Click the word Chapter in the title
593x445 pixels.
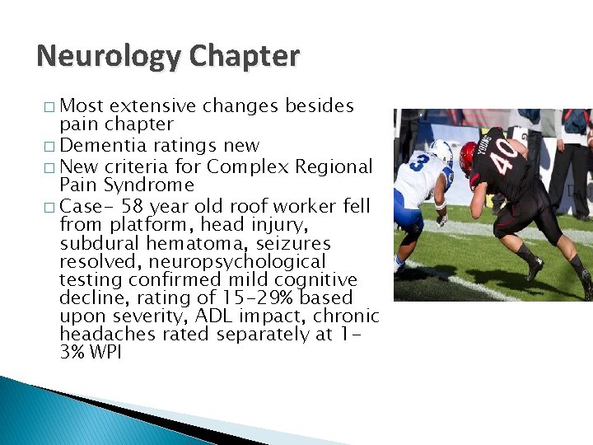[x=244, y=57]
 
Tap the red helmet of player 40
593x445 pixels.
[x=469, y=157]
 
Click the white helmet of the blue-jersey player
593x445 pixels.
[x=441, y=151]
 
